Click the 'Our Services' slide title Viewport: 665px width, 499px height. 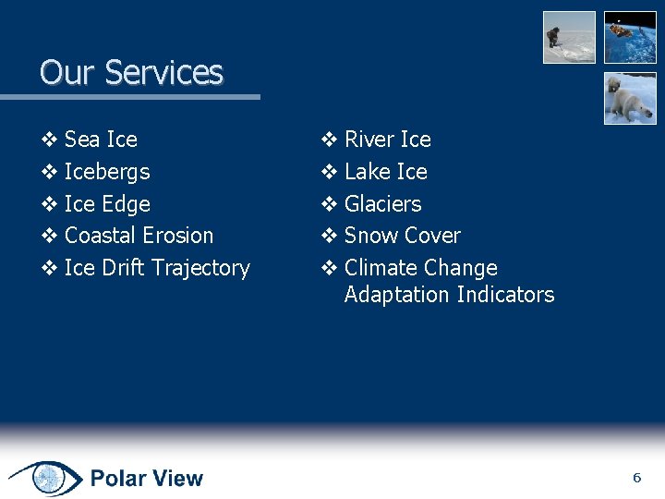[x=131, y=72]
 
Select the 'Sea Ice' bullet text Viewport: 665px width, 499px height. [x=101, y=140]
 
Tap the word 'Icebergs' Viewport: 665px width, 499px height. [x=107, y=172]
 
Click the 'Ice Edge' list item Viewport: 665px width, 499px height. [x=107, y=204]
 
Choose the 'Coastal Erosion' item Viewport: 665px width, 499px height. [x=139, y=236]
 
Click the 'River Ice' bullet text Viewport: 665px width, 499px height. [x=387, y=140]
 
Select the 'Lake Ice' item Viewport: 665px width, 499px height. [x=385, y=172]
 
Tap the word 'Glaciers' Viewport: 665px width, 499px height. [x=382, y=204]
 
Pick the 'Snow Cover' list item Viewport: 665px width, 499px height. [x=402, y=236]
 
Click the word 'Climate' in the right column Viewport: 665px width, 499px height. [x=380, y=268]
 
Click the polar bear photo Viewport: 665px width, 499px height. [x=630, y=98]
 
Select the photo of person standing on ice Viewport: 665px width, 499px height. [x=569, y=37]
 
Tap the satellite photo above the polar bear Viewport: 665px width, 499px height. [x=630, y=37]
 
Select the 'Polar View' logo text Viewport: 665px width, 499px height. [x=146, y=479]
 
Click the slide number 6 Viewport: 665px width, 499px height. [x=636, y=478]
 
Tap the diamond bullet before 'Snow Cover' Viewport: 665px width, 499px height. [x=329, y=236]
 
